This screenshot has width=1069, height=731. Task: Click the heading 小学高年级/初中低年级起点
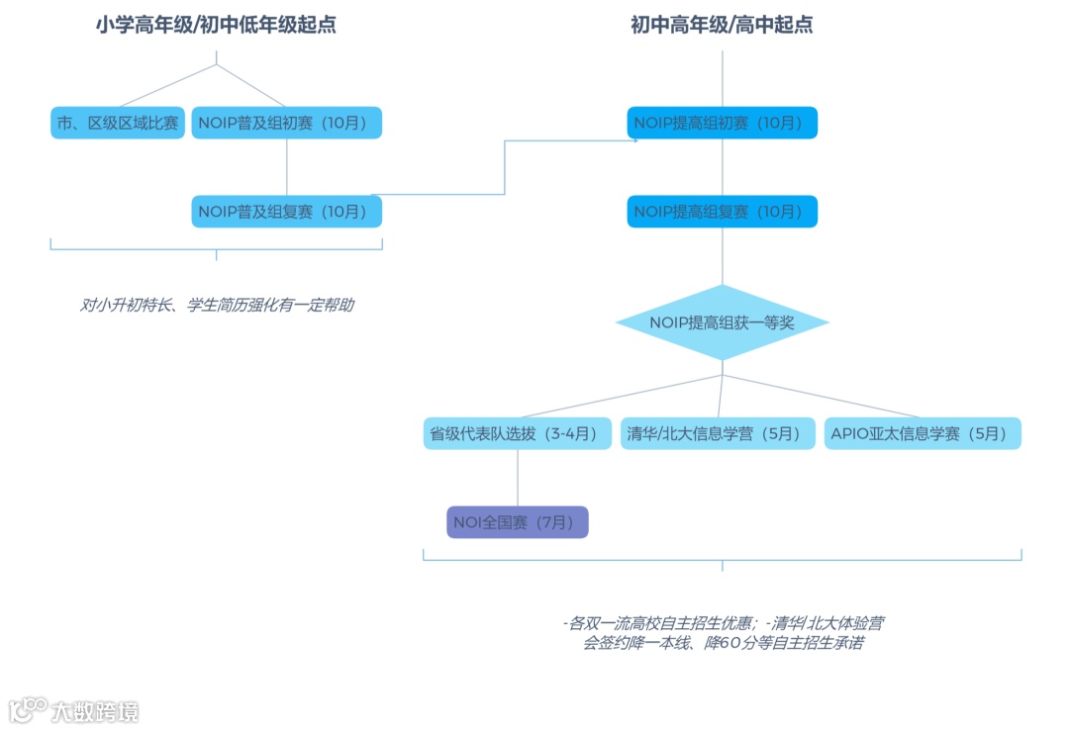(x=216, y=26)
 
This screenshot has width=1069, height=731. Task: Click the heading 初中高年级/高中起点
(x=722, y=26)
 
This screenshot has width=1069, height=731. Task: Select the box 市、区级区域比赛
(x=117, y=123)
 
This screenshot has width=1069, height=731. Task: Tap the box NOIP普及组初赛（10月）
(x=286, y=123)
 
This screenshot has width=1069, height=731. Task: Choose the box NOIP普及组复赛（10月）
(x=286, y=212)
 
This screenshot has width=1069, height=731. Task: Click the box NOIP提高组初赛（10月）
(x=722, y=123)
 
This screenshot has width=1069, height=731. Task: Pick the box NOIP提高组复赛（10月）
(x=722, y=212)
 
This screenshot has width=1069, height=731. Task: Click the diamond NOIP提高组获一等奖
(x=722, y=322)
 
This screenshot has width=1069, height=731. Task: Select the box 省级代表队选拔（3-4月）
(x=518, y=433)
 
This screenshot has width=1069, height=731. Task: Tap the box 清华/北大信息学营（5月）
(x=716, y=433)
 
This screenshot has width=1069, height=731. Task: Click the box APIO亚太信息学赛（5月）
(x=922, y=433)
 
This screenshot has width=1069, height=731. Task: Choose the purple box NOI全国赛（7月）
(x=517, y=522)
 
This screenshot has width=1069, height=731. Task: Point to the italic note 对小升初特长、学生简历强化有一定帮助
(x=216, y=306)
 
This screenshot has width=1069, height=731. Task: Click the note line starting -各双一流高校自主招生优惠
(x=722, y=623)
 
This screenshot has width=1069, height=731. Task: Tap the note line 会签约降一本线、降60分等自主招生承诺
(x=722, y=644)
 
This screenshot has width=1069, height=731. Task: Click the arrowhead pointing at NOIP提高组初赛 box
(x=634, y=140)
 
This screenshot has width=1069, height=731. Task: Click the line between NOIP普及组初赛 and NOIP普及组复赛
(x=286, y=167)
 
